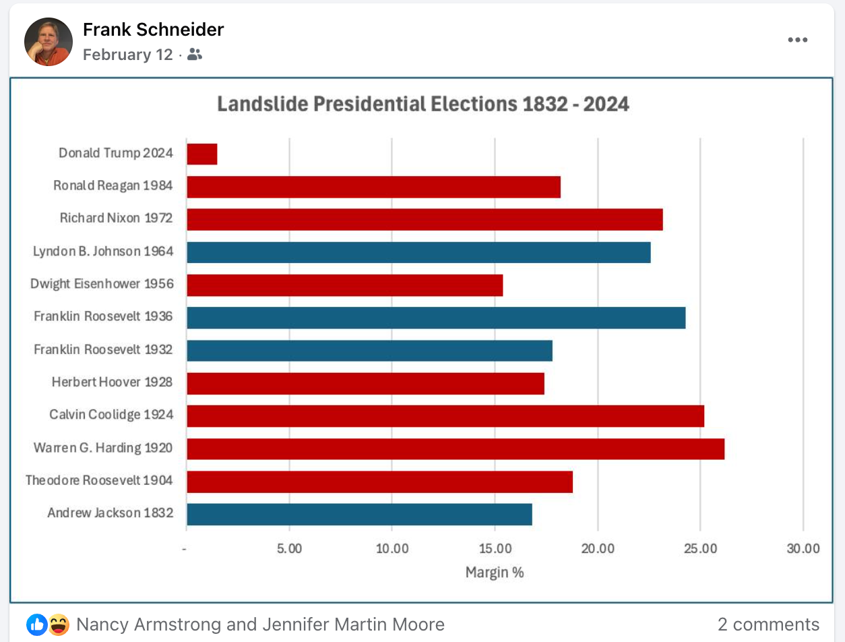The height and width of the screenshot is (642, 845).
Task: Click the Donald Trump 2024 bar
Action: coord(202,154)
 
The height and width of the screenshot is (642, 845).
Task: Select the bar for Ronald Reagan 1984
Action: coord(373,187)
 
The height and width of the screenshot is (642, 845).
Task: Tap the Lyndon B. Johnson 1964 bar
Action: coord(418,252)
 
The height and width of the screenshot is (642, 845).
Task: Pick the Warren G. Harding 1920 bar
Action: coord(456,448)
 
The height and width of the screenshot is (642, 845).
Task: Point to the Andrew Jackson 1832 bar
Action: coord(359,514)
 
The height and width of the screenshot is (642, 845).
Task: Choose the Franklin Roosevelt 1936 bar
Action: coord(436,318)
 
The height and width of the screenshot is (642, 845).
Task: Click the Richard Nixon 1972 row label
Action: coord(116,218)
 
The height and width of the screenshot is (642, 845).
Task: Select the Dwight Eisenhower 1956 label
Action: coord(102,284)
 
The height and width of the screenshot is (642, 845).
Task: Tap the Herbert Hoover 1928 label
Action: coord(112,382)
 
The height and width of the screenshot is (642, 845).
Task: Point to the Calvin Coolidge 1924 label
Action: coord(111,415)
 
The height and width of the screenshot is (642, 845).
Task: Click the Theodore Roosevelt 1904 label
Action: coord(99,481)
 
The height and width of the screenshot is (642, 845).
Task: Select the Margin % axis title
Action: coord(495,573)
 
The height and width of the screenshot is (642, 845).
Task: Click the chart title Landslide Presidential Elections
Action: coord(423,105)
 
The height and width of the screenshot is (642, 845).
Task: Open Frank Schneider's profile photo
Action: coord(49,42)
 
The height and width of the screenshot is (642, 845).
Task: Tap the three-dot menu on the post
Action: coord(797,40)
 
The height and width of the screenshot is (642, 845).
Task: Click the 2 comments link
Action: coord(768,624)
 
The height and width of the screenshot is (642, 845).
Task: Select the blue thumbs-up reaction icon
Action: coord(37,625)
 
